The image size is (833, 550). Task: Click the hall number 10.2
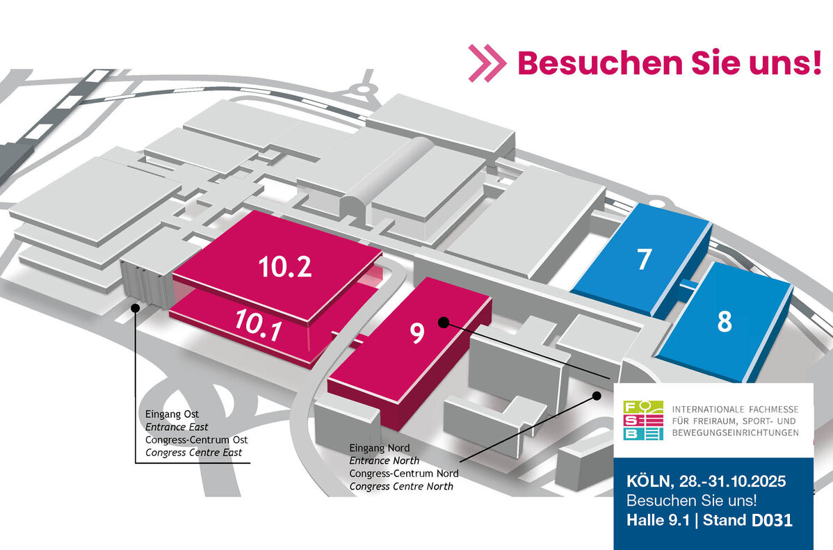point(285,267)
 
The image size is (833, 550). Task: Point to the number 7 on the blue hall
point(644,259)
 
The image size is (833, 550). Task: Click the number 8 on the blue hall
point(725,323)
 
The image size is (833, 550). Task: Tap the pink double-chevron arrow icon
point(487,63)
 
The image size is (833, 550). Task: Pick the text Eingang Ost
point(167,415)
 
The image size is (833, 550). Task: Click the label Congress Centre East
point(194,453)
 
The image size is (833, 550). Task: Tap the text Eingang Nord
point(380,448)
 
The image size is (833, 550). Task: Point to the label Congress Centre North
point(401,486)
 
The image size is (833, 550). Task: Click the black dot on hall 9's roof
point(442,321)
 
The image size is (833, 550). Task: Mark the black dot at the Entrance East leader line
point(134,307)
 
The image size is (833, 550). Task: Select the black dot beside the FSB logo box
point(596,396)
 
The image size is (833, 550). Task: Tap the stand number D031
point(764,520)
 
